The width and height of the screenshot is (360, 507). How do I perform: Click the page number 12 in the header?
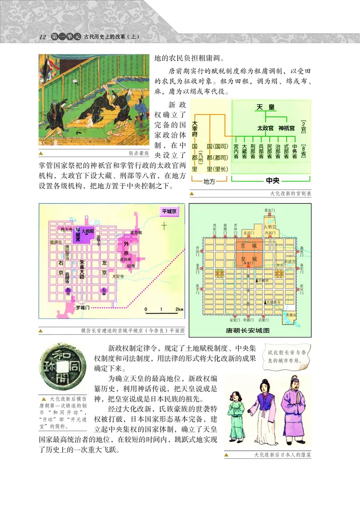coord(43,36)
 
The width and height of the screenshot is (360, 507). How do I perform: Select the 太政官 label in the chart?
coord(265,128)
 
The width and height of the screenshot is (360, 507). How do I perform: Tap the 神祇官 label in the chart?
coord(286,128)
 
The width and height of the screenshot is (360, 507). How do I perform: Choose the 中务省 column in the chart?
coord(294,152)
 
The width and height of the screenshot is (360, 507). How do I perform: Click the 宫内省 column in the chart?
coord(236,152)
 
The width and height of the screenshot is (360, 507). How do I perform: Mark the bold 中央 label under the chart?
coord(273,180)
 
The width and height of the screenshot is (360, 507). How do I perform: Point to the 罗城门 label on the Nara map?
coord(83,307)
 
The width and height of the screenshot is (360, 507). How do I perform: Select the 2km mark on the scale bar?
coord(179,310)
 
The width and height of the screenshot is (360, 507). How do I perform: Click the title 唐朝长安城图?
coord(247,330)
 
